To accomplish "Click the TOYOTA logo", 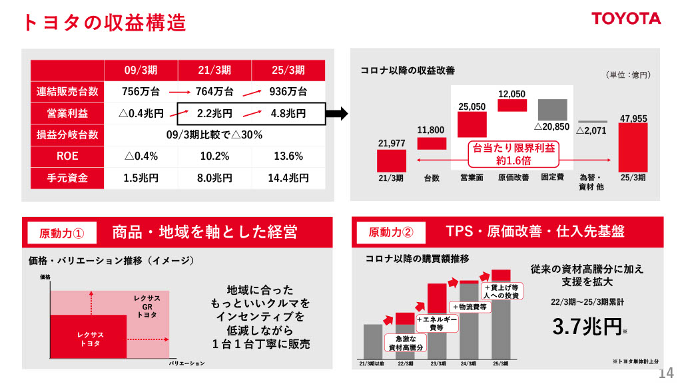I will click(x=626, y=19).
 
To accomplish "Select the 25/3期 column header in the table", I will click(x=288, y=70).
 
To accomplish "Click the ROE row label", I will click(x=67, y=156).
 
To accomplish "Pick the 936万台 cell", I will click(x=288, y=91).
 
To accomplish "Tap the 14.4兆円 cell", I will click(x=288, y=178).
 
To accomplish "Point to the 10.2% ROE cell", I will click(x=214, y=156).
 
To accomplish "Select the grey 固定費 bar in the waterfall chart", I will click(x=552, y=109).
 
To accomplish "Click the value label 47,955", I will click(x=633, y=118).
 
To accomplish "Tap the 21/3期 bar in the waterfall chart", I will click(x=391, y=161).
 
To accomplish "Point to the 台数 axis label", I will click(x=432, y=178).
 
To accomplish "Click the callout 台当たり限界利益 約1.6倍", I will click(x=513, y=154).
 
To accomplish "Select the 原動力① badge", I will click(x=61, y=233).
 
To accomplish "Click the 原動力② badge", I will click(x=390, y=232).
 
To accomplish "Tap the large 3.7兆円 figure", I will click(x=587, y=327).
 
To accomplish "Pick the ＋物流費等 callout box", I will click(x=471, y=307).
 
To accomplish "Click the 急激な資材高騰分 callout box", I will click(x=406, y=343).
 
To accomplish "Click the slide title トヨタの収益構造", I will click(x=104, y=23).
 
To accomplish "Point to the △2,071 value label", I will click(x=591, y=131).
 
